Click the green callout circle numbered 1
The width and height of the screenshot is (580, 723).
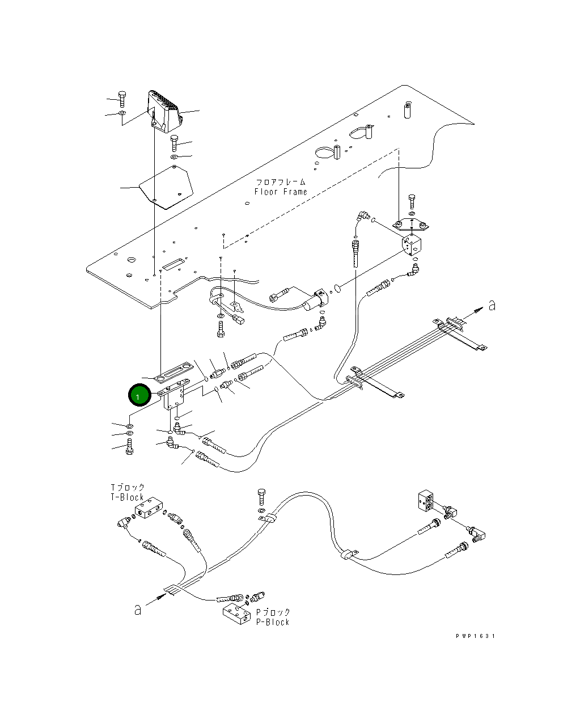tap(139, 395)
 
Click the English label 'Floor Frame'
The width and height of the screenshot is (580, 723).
tap(281, 192)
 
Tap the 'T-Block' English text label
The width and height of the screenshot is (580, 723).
tap(127, 497)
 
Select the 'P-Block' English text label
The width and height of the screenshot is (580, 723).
tap(273, 622)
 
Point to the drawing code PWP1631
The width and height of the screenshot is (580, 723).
tap(475, 636)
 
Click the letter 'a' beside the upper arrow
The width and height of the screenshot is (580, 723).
tap(492, 306)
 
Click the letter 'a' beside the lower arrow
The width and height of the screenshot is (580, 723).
tap(137, 610)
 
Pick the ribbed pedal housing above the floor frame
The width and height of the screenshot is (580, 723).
tap(164, 111)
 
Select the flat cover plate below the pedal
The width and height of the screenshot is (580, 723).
tap(166, 187)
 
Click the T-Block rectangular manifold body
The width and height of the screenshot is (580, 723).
tap(149, 508)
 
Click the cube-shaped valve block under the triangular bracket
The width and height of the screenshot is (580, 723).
tap(412, 246)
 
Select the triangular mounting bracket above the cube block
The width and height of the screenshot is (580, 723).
tap(410, 224)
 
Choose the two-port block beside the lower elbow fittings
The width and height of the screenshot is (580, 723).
tap(426, 501)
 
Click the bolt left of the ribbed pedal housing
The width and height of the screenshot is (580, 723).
tap(122, 99)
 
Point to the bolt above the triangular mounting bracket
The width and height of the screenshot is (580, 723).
tap(412, 201)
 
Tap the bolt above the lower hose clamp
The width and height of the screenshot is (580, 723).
tap(262, 497)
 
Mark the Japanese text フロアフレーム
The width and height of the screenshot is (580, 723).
tap(281, 182)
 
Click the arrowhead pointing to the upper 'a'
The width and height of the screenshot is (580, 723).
tap(479, 310)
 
